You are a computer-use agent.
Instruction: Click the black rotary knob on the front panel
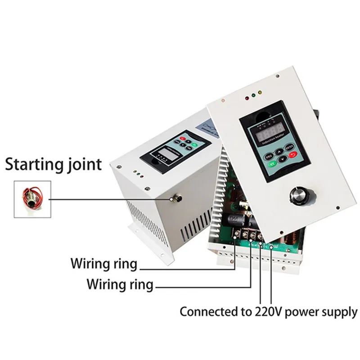pyautogui.click(x=298, y=195)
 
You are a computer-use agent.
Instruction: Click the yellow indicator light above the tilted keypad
pyautogui.click(x=253, y=96)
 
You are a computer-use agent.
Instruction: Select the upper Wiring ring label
pyautogui.click(x=103, y=263)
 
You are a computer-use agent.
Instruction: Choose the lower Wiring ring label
pyautogui.click(x=120, y=284)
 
